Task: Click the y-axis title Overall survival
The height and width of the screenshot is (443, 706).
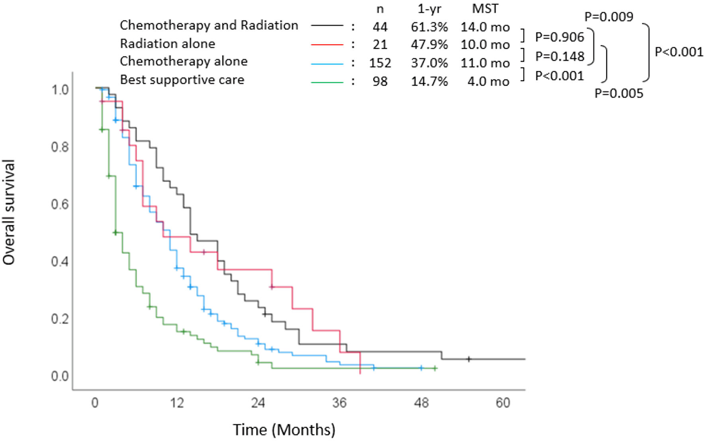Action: (9, 212)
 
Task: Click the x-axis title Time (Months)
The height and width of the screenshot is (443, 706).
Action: (284, 430)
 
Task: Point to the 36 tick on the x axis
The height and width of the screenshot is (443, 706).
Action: (339, 403)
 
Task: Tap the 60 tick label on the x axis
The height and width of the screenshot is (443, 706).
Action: (503, 403)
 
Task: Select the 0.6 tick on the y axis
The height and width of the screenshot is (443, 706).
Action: (60, 204)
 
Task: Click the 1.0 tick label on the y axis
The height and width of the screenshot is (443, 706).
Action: (60, 90)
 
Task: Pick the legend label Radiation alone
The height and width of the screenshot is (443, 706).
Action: (167, 44)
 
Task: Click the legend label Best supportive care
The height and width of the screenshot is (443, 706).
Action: (182, 80)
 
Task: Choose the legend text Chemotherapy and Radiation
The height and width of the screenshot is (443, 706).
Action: (209, 25)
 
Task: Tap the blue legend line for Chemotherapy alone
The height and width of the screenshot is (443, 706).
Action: (327, 63)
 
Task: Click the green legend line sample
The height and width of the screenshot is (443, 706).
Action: (327, 82)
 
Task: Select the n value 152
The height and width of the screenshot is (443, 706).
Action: (380, 63)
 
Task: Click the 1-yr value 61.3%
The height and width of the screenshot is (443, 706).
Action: (429, 27)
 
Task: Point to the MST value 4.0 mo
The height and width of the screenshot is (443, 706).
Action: (488, 82)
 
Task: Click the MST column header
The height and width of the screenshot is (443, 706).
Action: (485, 9)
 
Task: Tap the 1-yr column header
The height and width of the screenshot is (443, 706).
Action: (429, 9)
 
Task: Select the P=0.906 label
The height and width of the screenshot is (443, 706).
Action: (559, 37)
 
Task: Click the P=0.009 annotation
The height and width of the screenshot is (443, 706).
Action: (608, 17)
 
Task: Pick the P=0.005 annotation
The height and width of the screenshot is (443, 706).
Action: (619, 93)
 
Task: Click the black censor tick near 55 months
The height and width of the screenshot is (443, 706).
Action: (469, 359)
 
